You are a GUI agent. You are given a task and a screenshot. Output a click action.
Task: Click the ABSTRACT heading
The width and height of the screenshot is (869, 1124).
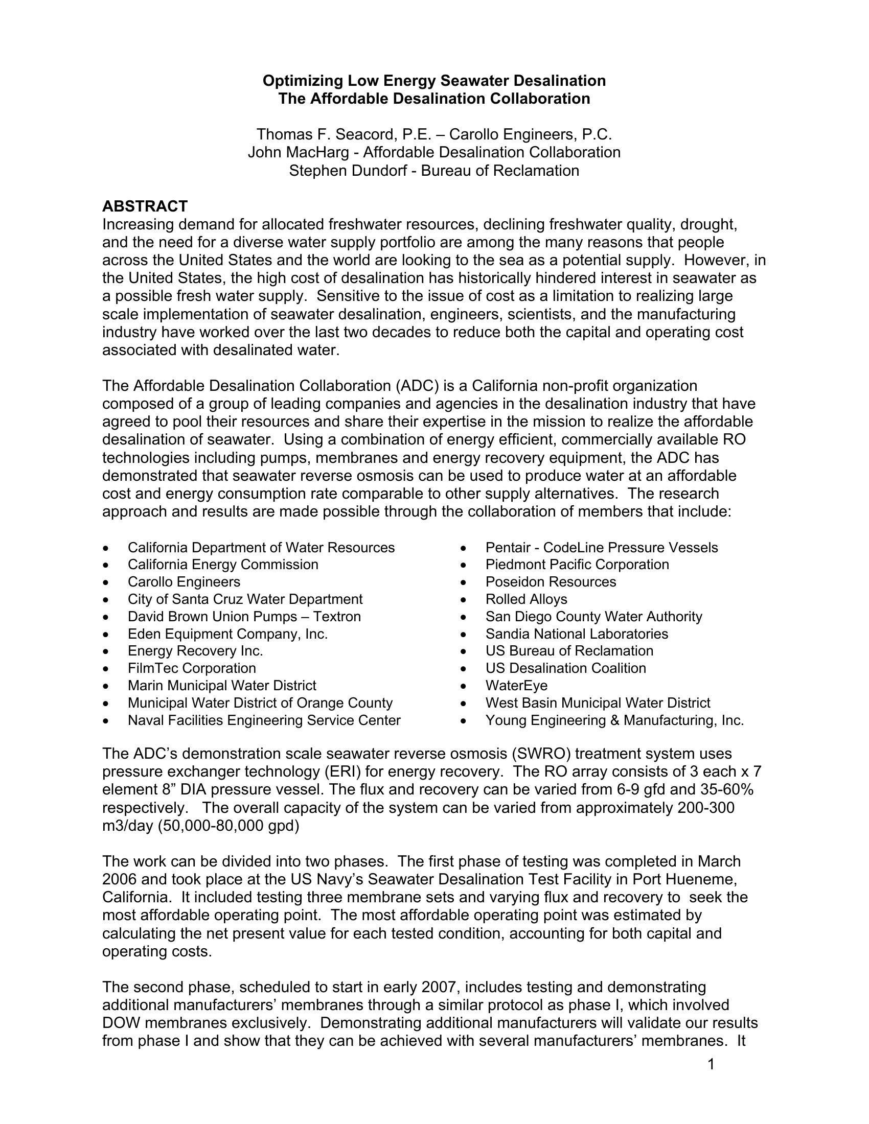[x=145, y=206]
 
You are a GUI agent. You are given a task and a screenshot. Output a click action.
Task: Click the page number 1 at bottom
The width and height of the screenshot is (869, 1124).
[x=711, y=1064]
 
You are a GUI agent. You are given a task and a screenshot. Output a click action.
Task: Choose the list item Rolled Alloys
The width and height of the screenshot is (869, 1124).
[x=526, y=599]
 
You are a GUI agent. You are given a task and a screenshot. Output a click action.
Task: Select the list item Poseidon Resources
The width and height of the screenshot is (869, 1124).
[x=551, y=581]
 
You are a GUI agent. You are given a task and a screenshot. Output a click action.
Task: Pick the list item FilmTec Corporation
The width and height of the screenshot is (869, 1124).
[x=192, y=668]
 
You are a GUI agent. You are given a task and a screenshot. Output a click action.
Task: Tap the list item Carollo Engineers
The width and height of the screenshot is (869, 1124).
[x=184, y=581]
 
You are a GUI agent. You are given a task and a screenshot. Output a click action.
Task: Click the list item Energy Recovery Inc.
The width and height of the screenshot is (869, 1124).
[x=195, y=651]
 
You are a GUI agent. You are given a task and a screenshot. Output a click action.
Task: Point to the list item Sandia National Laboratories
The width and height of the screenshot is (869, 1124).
[x=577, y=634]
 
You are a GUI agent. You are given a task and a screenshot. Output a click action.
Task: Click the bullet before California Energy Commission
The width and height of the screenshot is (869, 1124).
[x=106, y=565]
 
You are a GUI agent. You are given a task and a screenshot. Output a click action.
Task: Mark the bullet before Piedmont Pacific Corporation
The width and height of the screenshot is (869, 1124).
[x=464, y=565]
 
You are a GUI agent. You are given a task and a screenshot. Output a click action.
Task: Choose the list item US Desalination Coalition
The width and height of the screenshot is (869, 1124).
[x=565, y=668]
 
